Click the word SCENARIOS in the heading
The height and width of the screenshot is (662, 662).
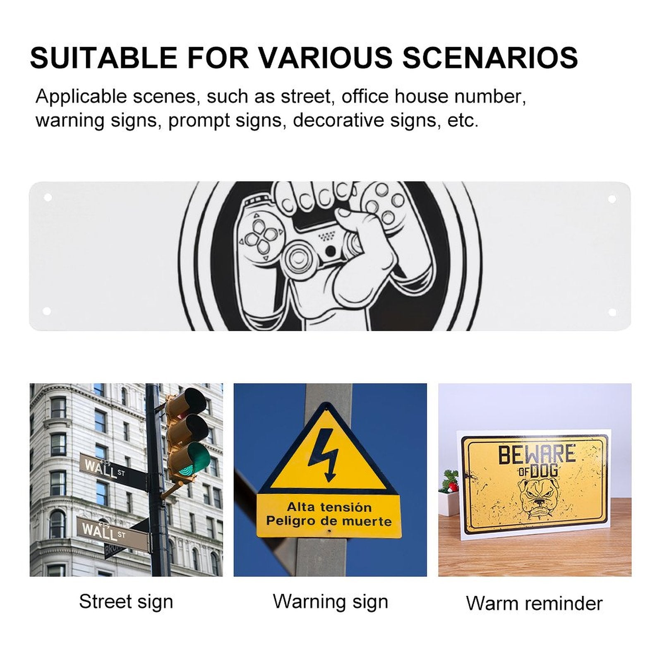(x=490, y=57)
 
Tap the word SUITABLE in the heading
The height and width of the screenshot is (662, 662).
(x=103, y=57)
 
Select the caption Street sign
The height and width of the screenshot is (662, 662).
(x=126, y=602)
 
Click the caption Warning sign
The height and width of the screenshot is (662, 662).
(x=330, y=602)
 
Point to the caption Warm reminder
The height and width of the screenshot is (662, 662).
(x=534, y=603)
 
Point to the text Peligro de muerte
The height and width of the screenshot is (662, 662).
(x=329, y=521)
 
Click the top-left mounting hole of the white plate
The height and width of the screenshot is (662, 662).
(x=48, y=198)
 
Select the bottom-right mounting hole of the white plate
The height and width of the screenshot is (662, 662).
(x=612, y=312)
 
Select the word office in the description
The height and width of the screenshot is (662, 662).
(x=365, y=96)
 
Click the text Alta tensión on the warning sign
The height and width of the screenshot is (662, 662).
(x=329, y=507)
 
